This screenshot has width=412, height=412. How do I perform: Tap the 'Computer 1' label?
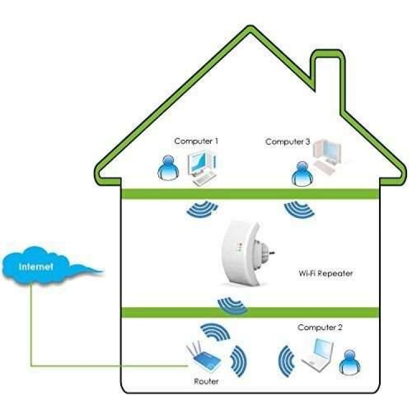pos(196,141)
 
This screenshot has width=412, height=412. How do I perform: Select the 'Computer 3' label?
pos(287,142)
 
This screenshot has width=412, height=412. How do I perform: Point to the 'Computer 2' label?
pos(320,328)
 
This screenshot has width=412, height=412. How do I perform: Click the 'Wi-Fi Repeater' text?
pos(325,272)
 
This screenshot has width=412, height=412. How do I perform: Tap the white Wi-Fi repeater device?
pos(242,252)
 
